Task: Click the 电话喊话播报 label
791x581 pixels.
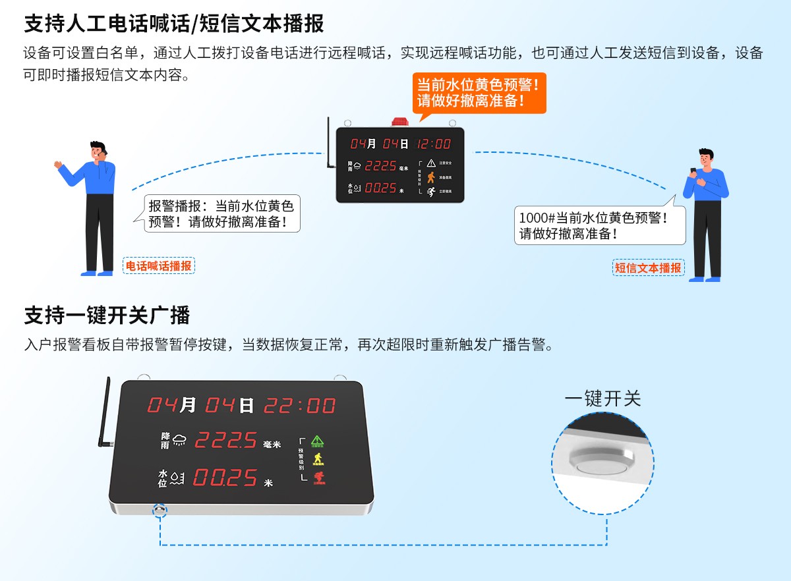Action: click(159, 265)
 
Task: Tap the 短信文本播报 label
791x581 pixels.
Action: click(649, 267)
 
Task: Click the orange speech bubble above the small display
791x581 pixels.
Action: click(479, 93)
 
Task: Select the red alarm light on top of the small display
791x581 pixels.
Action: click(399, 122)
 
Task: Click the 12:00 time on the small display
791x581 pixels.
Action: click(434, 144)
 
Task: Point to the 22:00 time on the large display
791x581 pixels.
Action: click(300, 405)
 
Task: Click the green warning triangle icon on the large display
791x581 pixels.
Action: click(317, 440)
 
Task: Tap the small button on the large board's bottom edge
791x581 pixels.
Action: click(160, 510)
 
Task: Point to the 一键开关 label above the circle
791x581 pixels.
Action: click(602, 399)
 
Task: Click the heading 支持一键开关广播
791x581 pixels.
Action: click(107, 315)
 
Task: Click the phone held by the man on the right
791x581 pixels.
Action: click(693, 171)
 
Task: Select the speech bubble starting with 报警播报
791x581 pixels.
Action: click(222, 213)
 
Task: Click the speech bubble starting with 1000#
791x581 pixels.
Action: click(600, 225)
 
